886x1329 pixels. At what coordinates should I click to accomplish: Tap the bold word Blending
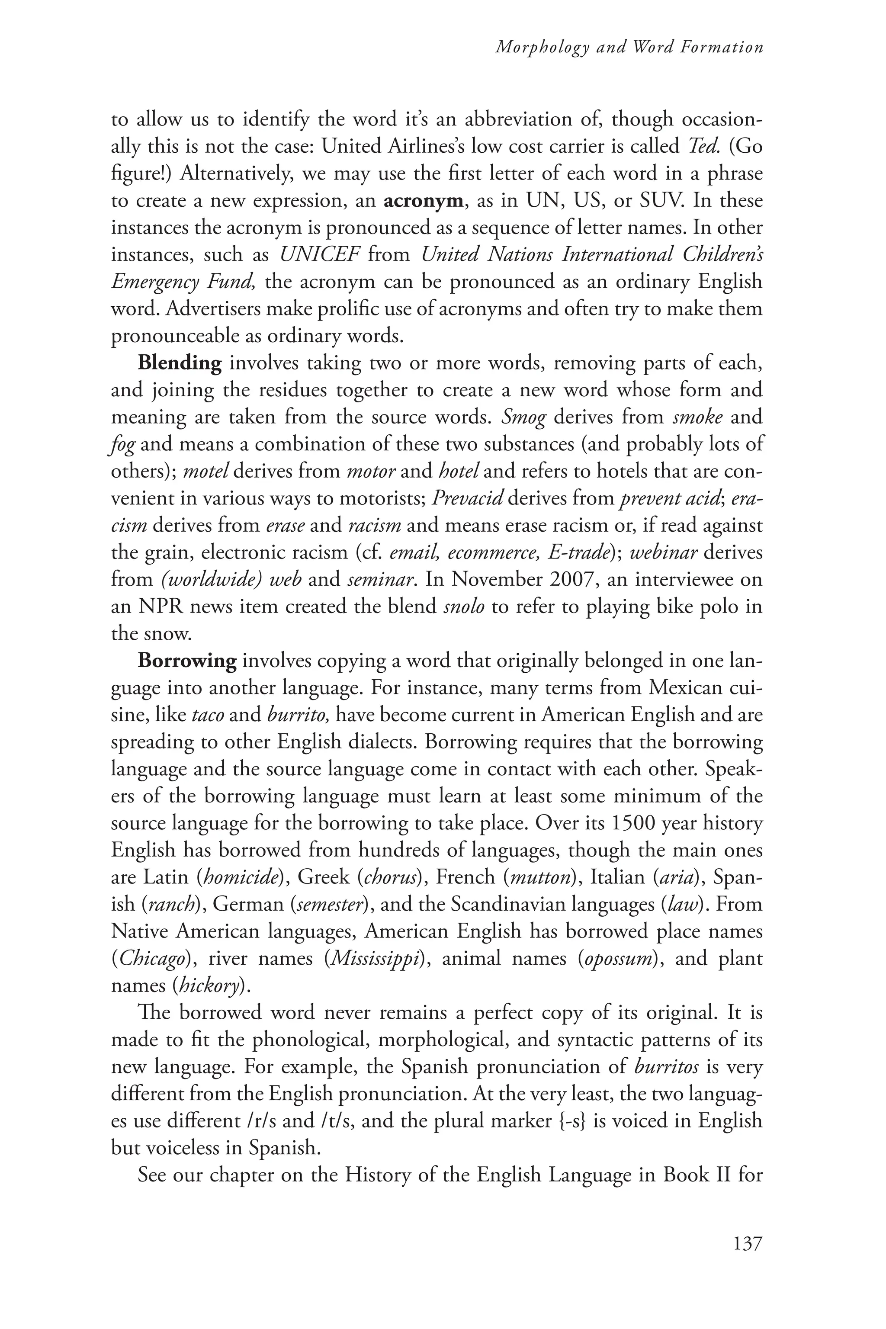pos(180,363)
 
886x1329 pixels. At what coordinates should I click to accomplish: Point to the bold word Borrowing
pos(187,661)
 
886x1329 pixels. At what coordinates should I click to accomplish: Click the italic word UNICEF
pos(320,255)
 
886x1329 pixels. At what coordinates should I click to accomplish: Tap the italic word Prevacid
pos(467,498)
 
